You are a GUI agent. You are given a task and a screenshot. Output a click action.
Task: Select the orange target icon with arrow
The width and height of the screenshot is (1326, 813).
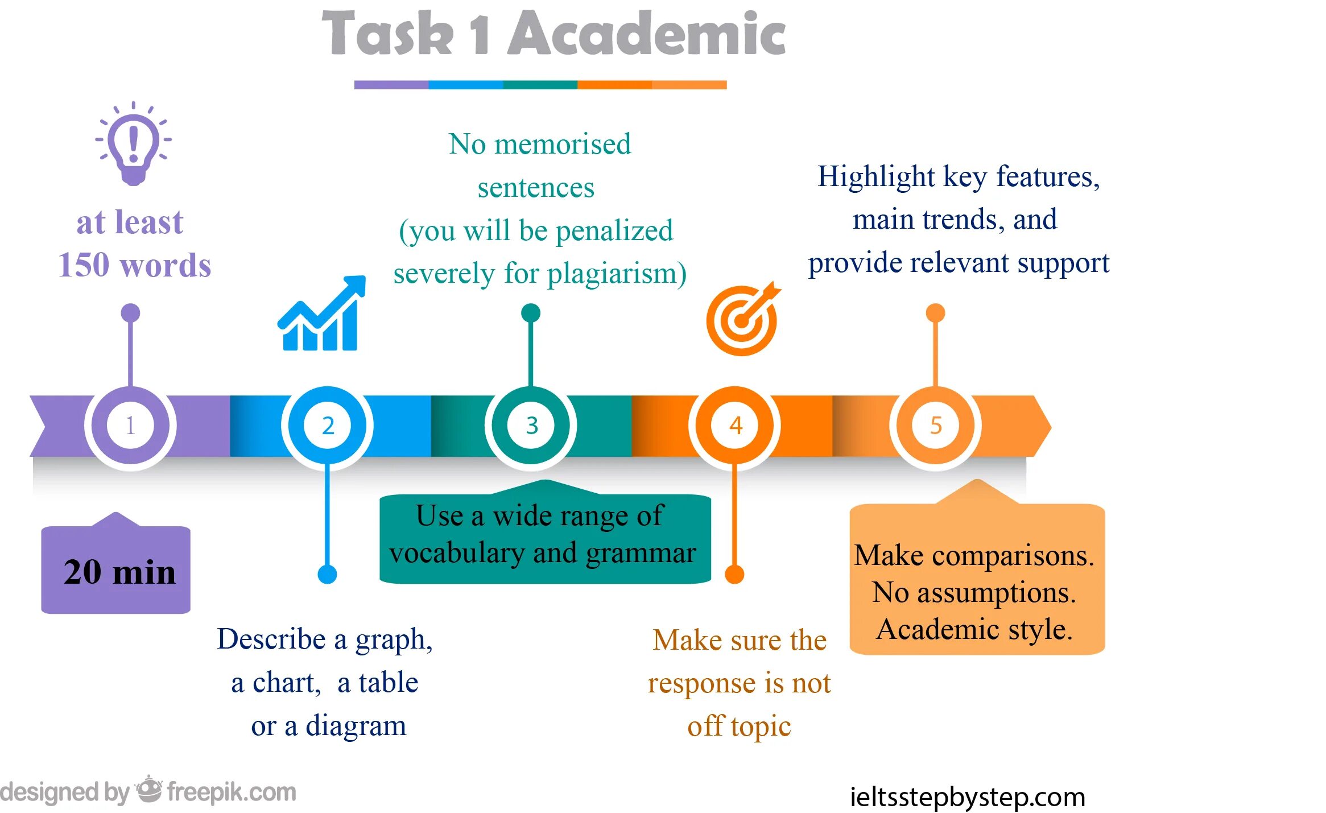(x=742, y=319)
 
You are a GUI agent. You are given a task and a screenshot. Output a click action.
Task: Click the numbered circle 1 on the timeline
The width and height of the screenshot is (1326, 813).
(x=130, y=426)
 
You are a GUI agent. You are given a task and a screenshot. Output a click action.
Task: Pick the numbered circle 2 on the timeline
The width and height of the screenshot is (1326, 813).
(x=328, y=426)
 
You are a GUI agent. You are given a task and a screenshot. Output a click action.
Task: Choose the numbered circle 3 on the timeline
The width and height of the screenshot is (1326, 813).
(x=531, y=426)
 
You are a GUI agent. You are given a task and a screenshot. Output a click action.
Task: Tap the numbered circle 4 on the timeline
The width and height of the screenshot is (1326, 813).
(x=735, y=426)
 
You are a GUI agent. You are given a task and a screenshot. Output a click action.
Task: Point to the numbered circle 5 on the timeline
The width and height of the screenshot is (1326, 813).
(x=936, y=426)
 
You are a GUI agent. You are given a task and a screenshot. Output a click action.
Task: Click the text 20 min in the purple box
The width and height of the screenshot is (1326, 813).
(x=119, y=572)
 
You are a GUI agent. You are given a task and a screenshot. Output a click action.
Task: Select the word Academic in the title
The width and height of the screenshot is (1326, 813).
(x=646, y=34)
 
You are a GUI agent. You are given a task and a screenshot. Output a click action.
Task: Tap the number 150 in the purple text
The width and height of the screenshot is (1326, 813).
(x=84, y=265)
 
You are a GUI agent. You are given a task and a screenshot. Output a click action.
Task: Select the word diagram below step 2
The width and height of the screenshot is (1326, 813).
(x=356, y=727)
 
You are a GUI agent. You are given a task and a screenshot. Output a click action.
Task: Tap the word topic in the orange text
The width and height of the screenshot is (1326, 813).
(x=761, y=727)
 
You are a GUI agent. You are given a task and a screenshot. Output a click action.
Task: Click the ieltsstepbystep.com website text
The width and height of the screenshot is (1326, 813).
(x=967, y=797)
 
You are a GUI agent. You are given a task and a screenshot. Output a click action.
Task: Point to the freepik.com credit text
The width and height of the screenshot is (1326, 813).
(x=232, y=792)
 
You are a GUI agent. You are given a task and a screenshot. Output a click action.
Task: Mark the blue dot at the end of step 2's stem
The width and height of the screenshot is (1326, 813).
(x=327, y=575)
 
